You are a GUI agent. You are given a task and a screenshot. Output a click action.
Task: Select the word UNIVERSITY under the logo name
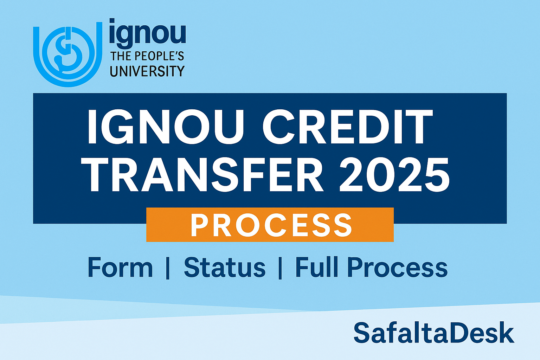click(147, 71)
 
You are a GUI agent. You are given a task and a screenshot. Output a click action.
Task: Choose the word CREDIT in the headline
click(347, 127)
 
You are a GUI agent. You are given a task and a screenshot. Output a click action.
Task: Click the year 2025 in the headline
click(394, 174)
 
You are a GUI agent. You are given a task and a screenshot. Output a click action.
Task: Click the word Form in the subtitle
click(120, 268)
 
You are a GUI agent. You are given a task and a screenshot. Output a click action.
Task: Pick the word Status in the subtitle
click(225, 268)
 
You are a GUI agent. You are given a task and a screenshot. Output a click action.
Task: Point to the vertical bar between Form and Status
click(168, 268)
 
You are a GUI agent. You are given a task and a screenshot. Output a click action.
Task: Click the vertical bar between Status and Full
click(280, 268)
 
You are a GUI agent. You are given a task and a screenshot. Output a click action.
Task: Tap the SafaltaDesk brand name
click(434, 333)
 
